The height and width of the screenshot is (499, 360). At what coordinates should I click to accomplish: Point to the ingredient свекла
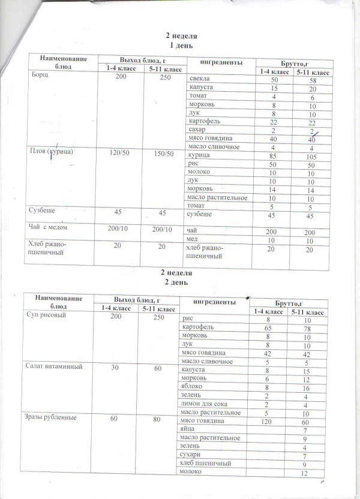coord(199,79)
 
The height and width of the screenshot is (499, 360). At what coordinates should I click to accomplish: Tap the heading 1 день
coord(181,46)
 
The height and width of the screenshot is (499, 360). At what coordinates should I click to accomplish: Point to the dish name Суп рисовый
coord(45,314)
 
